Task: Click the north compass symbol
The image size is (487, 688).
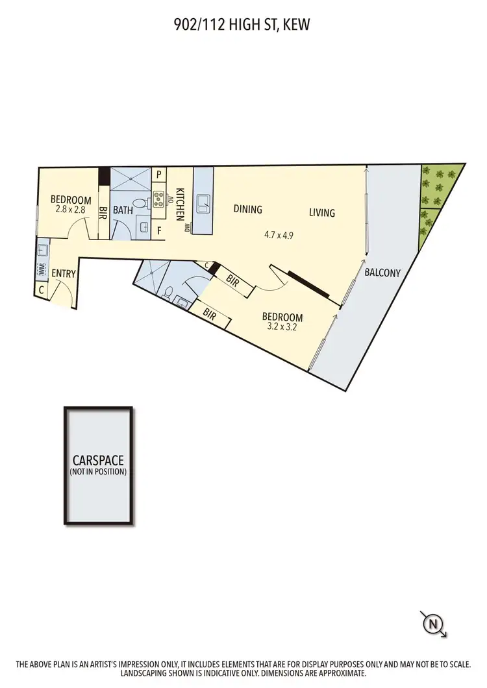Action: (x=433, y=624)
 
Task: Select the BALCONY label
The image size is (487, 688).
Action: (x=382, y=273)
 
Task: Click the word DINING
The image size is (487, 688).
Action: (x=247, y=209)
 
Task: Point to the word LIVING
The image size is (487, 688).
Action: (x=321, y=212)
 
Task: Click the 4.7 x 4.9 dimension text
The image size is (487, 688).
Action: (x=279, y=236)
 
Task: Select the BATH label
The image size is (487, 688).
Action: (x=123, y=210)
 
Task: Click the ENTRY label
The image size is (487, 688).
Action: (x=64, y=274)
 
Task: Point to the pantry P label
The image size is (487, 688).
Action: (x=159, y=175)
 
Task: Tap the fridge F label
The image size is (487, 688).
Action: (x=159, y=230)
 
